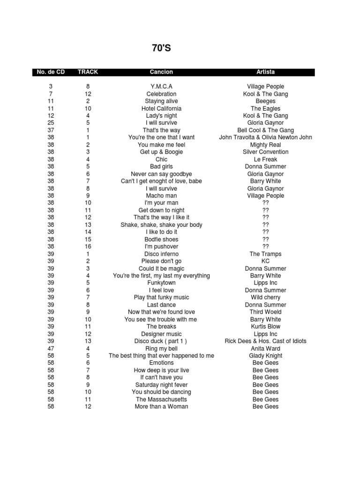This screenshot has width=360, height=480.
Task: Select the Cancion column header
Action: (x=161, y=72)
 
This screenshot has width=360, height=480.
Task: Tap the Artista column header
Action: (x=265, y=72)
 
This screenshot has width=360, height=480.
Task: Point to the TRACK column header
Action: (x=88, y=72)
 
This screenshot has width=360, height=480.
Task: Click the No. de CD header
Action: (x=51, y=72)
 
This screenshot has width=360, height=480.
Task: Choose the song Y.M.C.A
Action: (x=161, y=87)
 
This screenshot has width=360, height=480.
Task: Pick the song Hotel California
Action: (x=161, y=108)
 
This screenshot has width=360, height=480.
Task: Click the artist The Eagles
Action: (x=265, y=108)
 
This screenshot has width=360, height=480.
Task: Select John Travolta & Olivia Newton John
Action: (x=265, y=137)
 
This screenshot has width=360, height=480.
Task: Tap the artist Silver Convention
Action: (x=265, y=152)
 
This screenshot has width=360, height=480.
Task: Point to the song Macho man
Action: (x=161, y=195)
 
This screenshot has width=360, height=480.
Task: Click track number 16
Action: (x=88, y=247)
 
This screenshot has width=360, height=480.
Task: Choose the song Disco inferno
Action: (x=161, y=254)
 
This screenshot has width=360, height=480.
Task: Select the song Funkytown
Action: (x=161, y=283)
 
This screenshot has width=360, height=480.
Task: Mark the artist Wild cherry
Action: (x=265, y=298)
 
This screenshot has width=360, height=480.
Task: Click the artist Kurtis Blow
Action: (x=265, y=327)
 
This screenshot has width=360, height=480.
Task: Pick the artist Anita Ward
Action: (x=265, y=349)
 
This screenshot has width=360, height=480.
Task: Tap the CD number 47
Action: (x=51, y=349)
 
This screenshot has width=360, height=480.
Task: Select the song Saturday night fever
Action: (x=161, y=385)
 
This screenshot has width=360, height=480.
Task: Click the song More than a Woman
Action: (x=161, y=407)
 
